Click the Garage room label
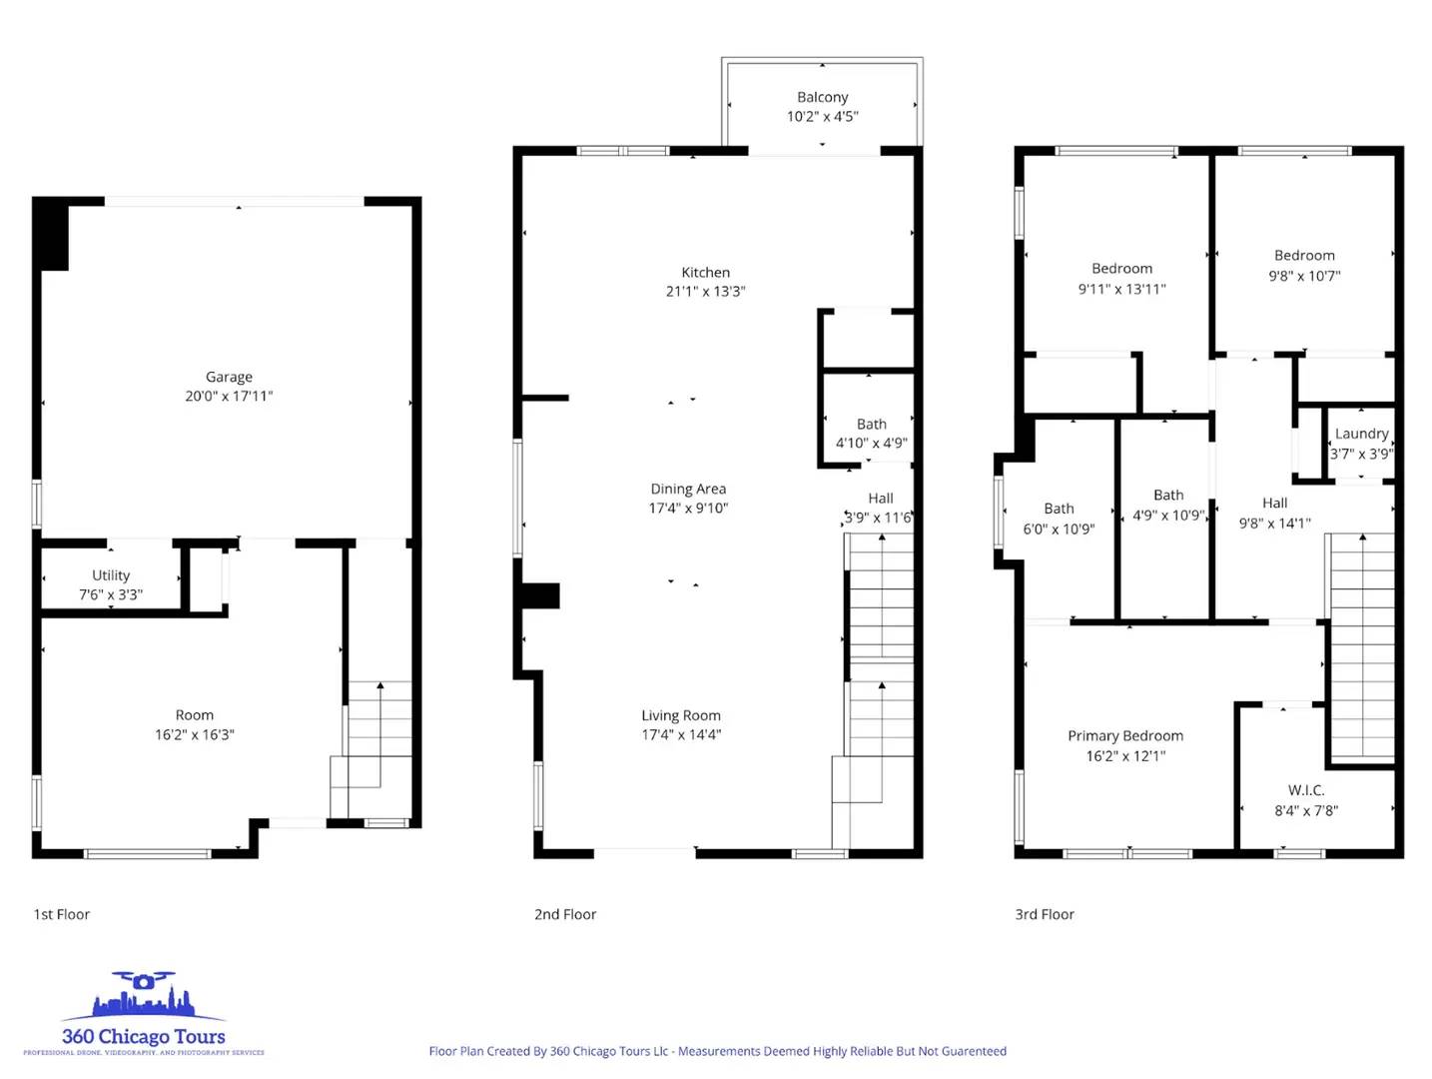229,377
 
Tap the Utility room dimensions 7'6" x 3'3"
111,594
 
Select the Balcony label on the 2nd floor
822,97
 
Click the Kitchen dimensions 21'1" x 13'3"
705,292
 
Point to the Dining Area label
688,489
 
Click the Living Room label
680,715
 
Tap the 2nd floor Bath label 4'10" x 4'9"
871,425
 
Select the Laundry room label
1361,434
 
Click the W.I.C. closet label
1305,790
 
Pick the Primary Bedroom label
1124,736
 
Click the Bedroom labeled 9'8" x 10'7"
1303,256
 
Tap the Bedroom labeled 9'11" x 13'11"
1121,269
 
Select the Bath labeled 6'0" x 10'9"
1059,510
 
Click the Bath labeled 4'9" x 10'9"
1167,496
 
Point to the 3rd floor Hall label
1274,504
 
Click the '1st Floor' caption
62,914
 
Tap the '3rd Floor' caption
1045,914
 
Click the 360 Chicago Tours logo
143,1014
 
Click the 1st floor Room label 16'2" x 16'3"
194,715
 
